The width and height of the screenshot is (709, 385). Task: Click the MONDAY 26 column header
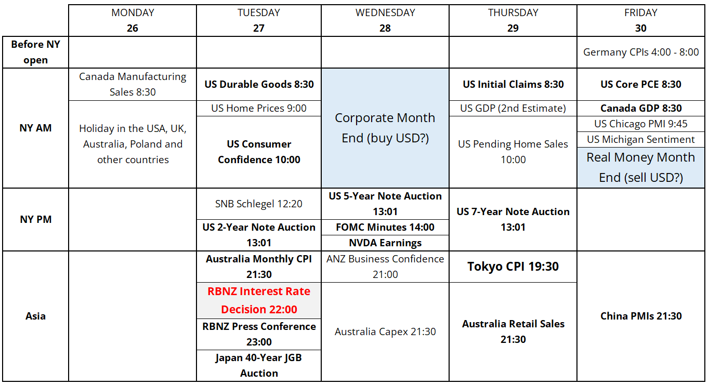[133, 20]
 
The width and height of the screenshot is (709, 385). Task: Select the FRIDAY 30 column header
[640, 20]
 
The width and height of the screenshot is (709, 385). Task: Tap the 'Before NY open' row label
[35, 52]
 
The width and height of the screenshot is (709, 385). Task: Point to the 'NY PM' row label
[35, 220]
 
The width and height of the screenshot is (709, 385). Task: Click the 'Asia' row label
[35, 316]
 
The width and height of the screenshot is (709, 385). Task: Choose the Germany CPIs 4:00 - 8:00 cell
[640, 52]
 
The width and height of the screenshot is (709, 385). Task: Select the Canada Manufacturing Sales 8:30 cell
[133, 85]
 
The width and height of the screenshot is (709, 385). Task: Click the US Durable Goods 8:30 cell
[258, 85]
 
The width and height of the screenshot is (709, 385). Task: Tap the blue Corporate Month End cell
[385, 128]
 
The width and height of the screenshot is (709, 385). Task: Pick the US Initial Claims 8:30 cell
[513, 85]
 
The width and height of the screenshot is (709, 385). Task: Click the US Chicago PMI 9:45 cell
[640, 124]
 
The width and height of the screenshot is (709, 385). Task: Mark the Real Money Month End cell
[640, 167]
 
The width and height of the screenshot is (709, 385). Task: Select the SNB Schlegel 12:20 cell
[258, 204]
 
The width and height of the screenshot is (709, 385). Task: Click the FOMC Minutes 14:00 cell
[385, 227]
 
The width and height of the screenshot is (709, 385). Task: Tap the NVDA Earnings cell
[385, 243]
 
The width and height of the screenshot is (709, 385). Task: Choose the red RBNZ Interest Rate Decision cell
[258, 300]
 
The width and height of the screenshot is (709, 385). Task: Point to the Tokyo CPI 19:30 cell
[513, 267]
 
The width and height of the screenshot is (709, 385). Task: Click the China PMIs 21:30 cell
[640, 316]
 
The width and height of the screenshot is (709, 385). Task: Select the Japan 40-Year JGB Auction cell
[258, 365]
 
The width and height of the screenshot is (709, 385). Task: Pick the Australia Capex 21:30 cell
[385, 331]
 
